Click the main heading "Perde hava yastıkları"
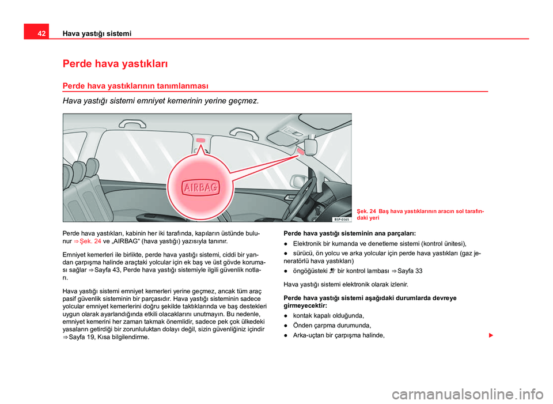115,62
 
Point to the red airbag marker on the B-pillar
200,141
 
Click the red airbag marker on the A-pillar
301,151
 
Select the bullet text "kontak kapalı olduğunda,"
328,315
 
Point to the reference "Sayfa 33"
410,270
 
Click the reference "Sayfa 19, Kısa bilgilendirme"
104,337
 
